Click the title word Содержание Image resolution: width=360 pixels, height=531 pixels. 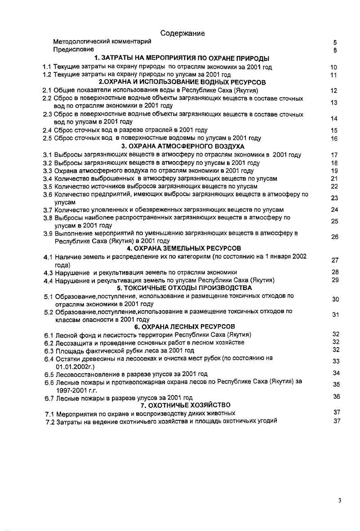click(182, 33)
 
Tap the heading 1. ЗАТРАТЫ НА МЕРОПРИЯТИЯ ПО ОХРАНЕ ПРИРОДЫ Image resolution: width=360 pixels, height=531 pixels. click(182, 58)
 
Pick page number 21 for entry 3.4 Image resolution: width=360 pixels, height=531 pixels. click(333, 178)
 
